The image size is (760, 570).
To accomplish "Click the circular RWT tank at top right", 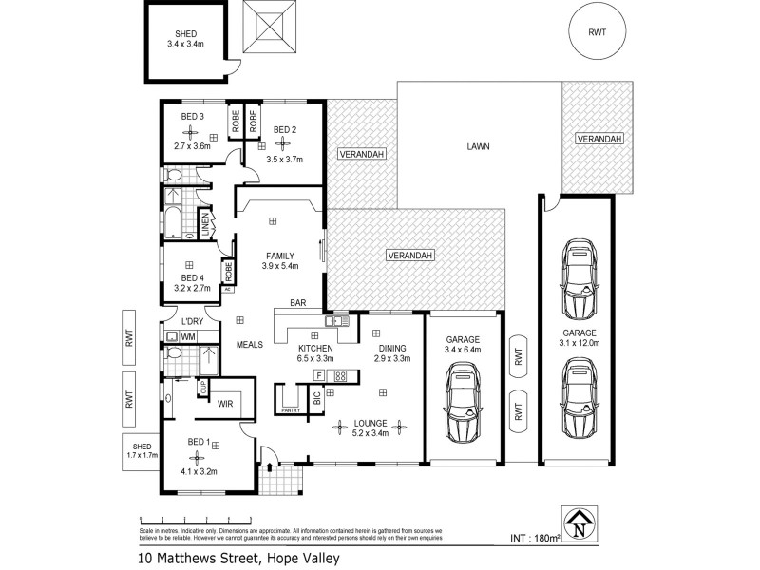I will click(x=598, y=31).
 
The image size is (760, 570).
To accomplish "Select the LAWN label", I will click(x=479, y=147).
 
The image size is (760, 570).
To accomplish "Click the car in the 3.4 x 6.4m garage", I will click(x=463, y=408).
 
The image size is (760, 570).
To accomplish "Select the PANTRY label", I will click(x=291, y=409).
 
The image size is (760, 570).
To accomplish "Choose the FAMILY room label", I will click(x=279, y=256).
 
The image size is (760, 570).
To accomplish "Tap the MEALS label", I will click(x=250, y=345).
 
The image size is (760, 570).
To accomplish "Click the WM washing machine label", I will click(x=188, y=336).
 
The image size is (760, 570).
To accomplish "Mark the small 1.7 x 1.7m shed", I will click(x=141, y=451).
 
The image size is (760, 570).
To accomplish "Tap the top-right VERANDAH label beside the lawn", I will click(x=598, y=139).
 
